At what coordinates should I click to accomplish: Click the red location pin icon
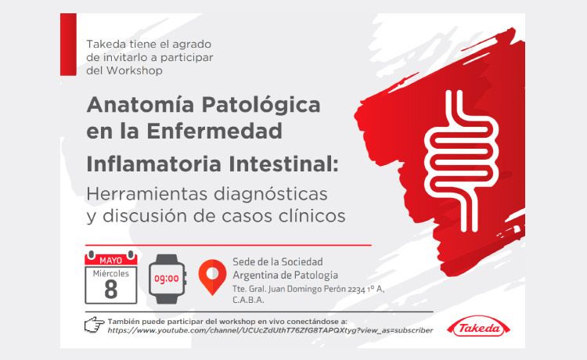212,277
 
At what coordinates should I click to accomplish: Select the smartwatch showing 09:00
167,279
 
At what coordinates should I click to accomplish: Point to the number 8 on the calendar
111,290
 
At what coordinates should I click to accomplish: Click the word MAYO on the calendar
111,260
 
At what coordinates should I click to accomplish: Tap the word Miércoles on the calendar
111,274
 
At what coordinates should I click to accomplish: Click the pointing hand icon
94,325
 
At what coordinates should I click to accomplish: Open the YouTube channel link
270,330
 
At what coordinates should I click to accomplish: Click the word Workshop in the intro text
135,70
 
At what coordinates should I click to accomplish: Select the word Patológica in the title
261,104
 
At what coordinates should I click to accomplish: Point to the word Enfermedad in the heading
214,131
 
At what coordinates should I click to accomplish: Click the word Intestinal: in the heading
283,164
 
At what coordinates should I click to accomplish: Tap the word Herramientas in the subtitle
147,194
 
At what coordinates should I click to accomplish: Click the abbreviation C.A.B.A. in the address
248,300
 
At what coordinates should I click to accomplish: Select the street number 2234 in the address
356,290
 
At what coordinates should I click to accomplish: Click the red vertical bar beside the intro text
68,45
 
